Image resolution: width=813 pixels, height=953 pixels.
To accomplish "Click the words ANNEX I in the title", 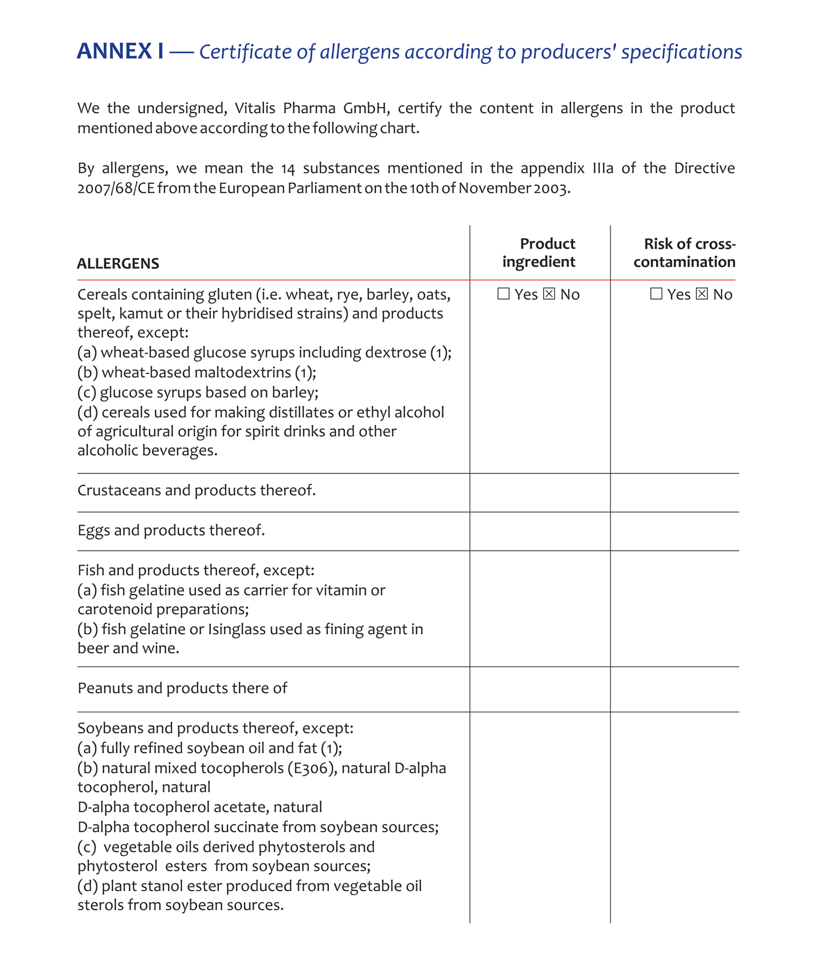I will (x=120, y=51).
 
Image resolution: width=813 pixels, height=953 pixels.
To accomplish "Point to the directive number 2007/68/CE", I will (x=116, y=188).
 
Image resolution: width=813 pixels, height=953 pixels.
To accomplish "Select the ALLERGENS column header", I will (x=118, y=264).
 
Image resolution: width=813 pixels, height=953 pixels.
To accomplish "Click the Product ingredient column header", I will (x=539, y=253).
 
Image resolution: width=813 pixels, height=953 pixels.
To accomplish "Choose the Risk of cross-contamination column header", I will (x=684, y=253).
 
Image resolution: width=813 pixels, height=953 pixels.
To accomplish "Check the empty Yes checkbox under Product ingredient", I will (x=503, y=294).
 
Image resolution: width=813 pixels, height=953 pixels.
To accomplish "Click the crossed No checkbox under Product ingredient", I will (x=549, y=294).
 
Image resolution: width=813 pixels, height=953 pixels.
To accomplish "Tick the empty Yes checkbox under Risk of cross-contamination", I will (x=656, y=294).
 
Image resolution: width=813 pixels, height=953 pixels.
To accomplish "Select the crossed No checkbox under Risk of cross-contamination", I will (x=702, y=294).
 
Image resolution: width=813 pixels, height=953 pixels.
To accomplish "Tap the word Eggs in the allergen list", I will (x=93, y=531).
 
